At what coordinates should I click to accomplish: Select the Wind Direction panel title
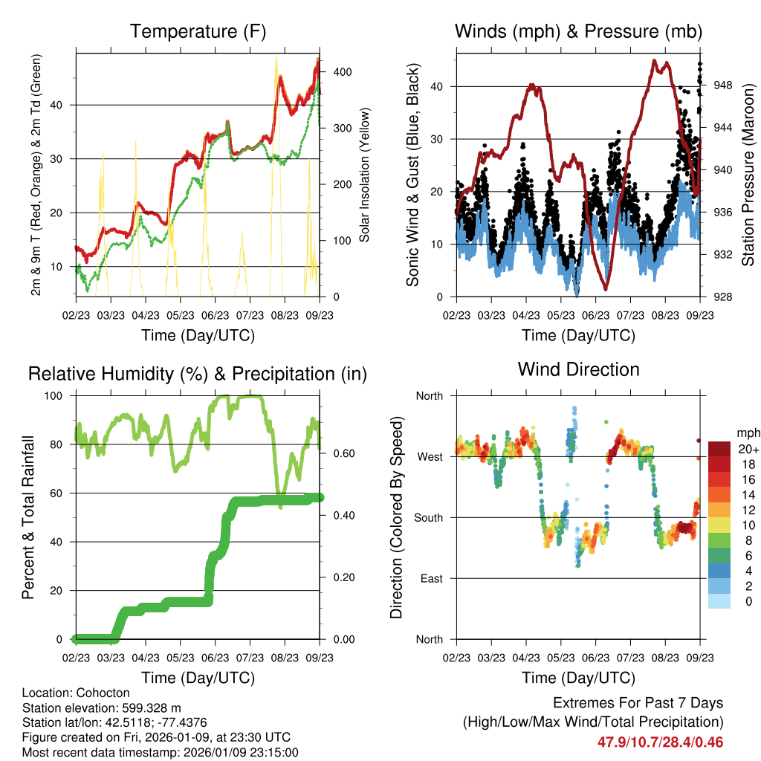coord(578,369)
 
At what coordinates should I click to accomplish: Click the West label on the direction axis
coord(430,456)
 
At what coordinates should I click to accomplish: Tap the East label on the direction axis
coord(431,578)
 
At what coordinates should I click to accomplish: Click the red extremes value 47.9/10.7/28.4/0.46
coord(660,742)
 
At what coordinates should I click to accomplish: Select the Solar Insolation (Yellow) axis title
coord(364,175)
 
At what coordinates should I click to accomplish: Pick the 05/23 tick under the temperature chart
coord(181,315)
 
